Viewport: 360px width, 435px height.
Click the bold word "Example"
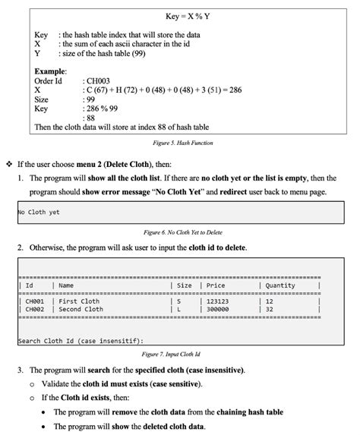(52, 71)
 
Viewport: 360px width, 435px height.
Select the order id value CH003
(99, 80)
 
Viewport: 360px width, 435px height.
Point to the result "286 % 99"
(105, 109)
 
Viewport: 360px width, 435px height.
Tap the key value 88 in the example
(92, 118)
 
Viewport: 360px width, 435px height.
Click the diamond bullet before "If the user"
(8, 163)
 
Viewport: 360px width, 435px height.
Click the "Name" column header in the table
(66, 285)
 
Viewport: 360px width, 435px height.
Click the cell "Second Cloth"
(81, 310)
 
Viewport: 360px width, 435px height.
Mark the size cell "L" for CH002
(178, 310)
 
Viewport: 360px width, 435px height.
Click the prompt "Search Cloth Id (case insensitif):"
(81, 341)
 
